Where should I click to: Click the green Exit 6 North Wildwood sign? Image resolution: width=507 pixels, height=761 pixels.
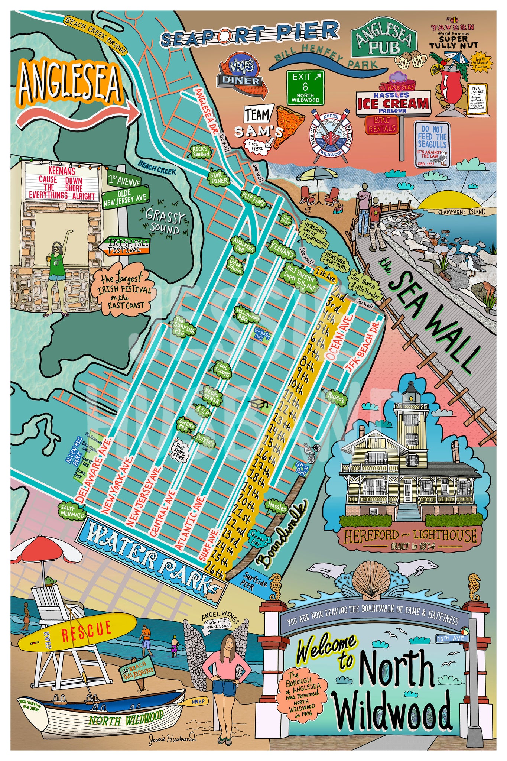point(305,87)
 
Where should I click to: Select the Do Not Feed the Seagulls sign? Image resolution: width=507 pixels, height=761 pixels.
point(432,145)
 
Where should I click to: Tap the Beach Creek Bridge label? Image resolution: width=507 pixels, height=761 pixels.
point(95,35)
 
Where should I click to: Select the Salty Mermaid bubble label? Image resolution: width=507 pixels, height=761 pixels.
point(72,511)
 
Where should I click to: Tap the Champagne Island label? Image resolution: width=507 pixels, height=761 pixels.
point(461,212)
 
